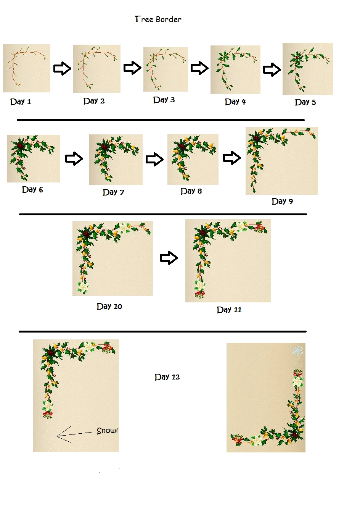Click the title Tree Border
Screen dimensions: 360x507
pos(158,19)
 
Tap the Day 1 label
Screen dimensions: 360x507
pos(21,102)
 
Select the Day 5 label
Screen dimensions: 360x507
pos(305,102)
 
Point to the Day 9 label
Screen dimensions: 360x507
pos(282,202)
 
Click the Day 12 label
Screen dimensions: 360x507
pos(167,377)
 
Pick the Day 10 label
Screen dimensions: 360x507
pos(109,306)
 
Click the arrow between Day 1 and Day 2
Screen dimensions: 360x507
pos(62,68)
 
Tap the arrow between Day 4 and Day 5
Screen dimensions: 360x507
pos(272,69)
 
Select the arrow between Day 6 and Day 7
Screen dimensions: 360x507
pos(74,159)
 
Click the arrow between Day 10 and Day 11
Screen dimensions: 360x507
pos(169,258)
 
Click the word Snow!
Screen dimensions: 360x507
pos(107,431)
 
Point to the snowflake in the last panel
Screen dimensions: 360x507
pos(297,350)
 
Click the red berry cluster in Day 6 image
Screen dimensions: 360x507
pos(20,145)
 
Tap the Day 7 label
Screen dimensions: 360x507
pos(113,192)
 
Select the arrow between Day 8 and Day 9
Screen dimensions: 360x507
pos(232,158)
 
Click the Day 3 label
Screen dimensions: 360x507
pos(164,100)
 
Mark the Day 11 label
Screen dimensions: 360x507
pos(229,310)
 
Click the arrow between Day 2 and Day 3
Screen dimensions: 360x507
pos(132,68)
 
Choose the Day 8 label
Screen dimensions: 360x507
pos(191,191)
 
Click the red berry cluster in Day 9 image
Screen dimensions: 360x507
pos(256,138)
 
